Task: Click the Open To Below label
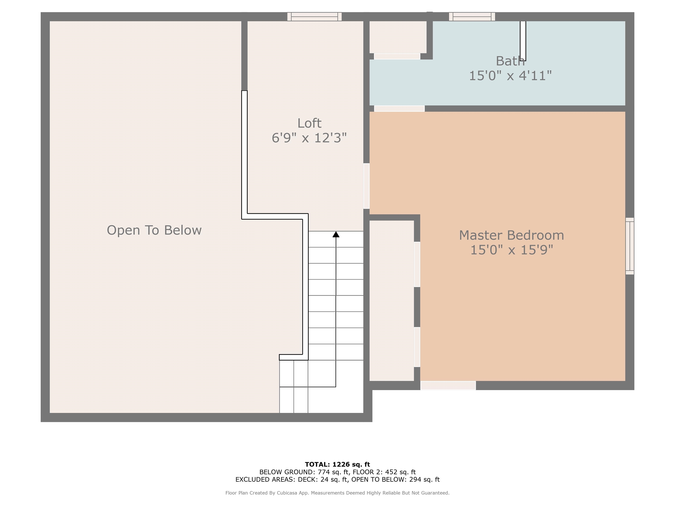pyautogui.click(x=154, y=230)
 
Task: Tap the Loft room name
pyautogui.click(x=309, y=123)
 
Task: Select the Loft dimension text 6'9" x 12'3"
pyautogui.click(x=309, y=138)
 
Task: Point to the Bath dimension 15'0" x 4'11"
pyautogui.click(x=510, y=75)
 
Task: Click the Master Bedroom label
pyautogui.click(x=512, y=235)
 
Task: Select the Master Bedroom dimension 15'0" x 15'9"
pyautogui.click(x=512, y=250)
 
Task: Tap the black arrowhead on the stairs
pyautogui.click(x=336, y=234)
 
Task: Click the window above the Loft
pyautogui.click(x=314, y=17)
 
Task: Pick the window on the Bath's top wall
pyautogui.click(x=472, y=17)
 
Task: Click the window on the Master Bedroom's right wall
pyautogui.click(x=630, y=246)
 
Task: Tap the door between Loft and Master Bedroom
pyautogui.click(x=366, y=186)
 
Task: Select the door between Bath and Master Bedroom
pyautogui.click(x=399, y=108)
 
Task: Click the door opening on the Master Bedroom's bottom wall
pyautogui.click(x=448, y=385)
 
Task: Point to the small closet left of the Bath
pyautogui.click(x=398, y=37)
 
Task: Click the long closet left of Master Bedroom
pyautogui.click(x=392, y=300)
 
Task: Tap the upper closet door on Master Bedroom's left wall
pyautogui.click(x=417, y=264)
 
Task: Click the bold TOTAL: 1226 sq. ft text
pyautogui.click(x=337, y=465)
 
